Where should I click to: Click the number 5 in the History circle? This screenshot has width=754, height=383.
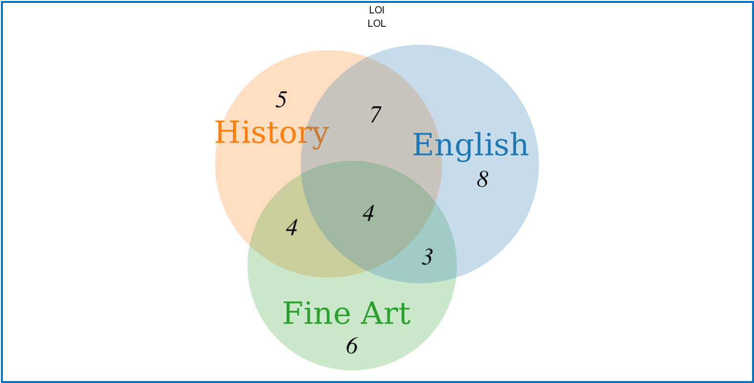click(281, 100)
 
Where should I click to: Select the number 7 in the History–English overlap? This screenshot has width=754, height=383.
click(376, 114)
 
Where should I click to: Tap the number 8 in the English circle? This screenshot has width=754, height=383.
click(483, 180)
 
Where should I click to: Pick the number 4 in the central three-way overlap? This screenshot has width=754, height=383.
click(368, 213)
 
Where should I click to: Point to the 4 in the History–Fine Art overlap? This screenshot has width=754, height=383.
click(292, 227)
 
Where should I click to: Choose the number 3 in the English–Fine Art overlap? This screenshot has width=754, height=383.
click(427, 257)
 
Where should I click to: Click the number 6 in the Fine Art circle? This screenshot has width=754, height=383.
click(352, 346)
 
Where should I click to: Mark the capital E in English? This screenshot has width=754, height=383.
click(423, 145)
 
